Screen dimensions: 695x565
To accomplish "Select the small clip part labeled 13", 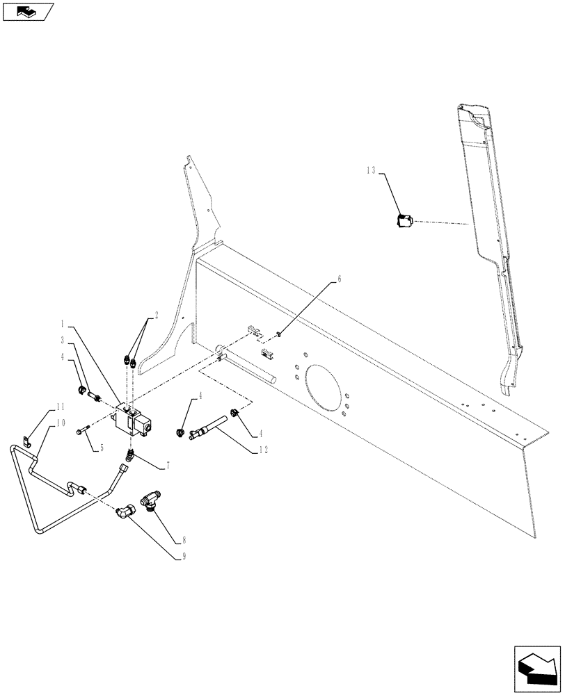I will pyautogui.click(x=404, y=221).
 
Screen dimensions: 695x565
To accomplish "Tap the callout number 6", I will pyautogui.click(x=340, y=279).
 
